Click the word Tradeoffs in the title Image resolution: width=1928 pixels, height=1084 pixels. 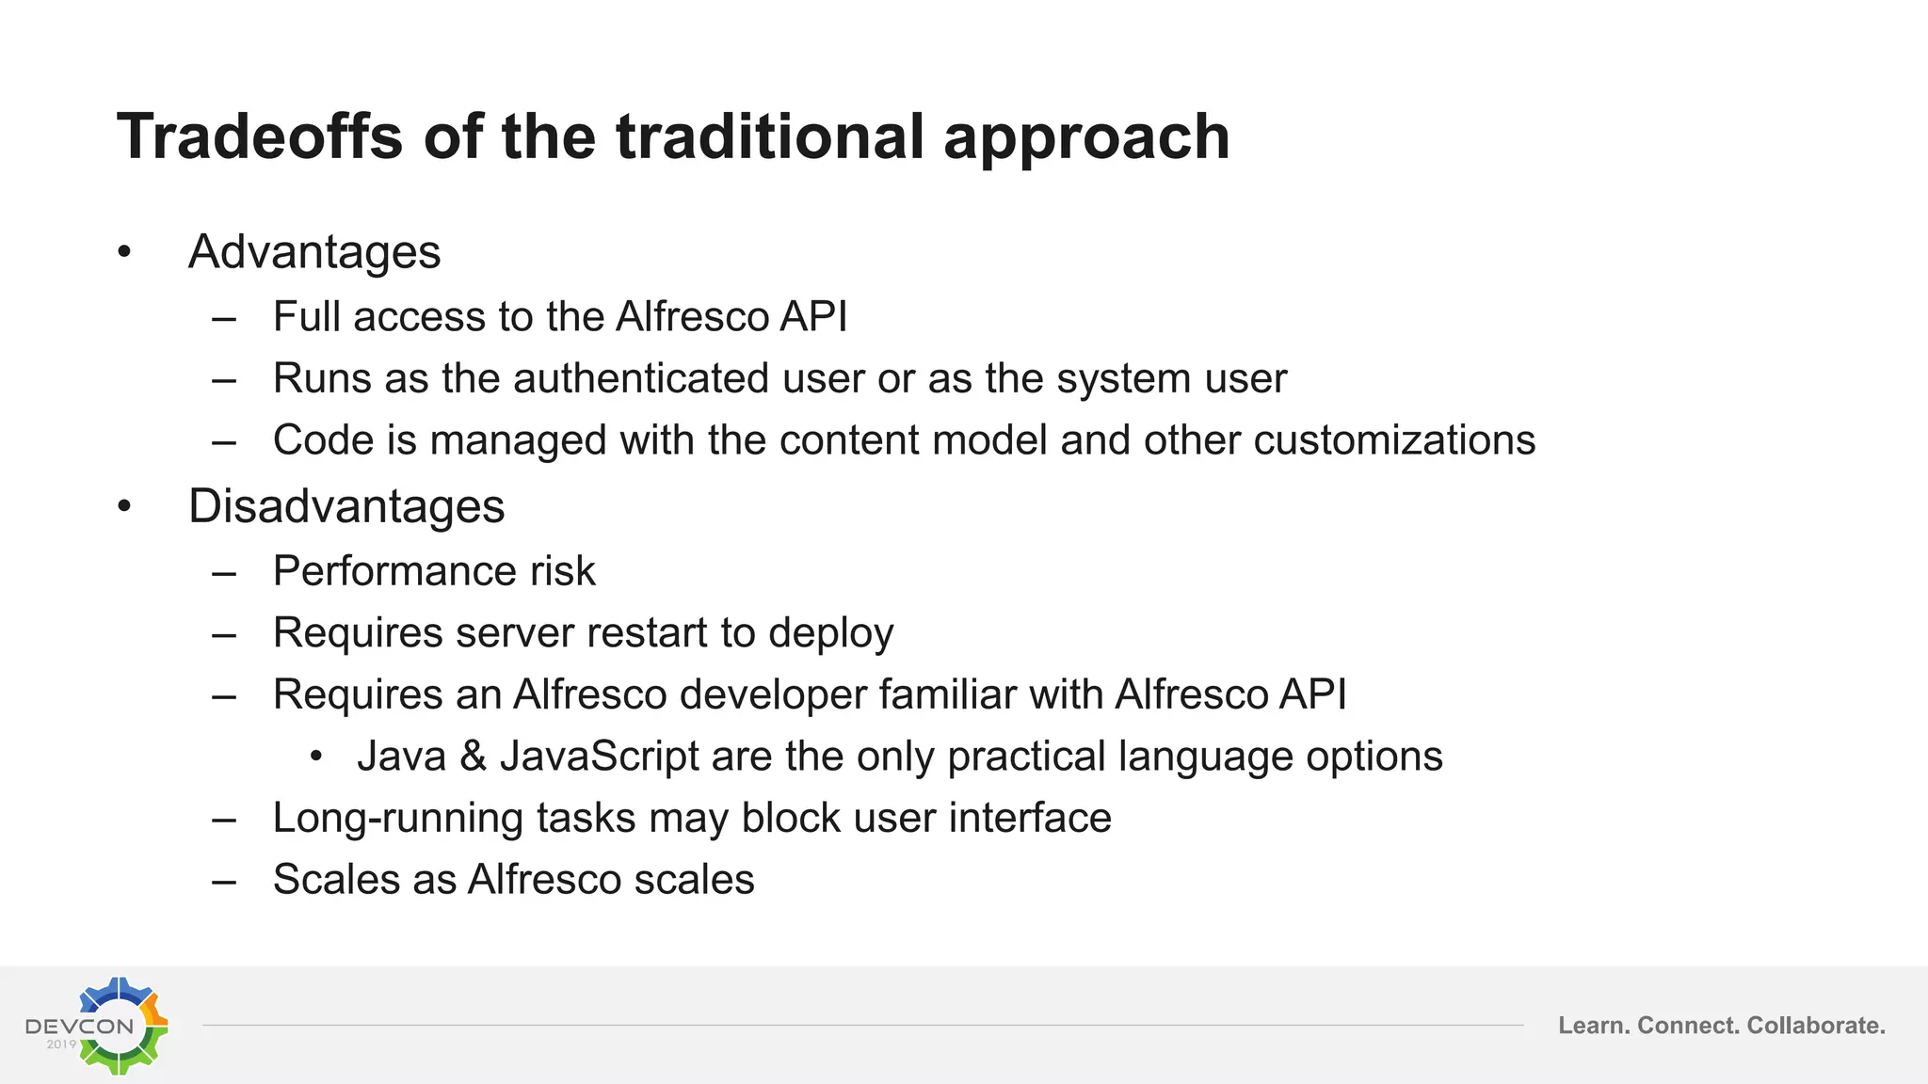260,137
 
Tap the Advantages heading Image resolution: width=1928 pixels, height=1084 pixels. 314,252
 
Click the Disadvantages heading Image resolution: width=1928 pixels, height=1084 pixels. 346,506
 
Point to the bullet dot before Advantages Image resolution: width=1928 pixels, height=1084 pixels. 124,252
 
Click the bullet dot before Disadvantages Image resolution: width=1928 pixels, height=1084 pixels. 124,507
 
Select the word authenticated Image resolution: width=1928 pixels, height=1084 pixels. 641,378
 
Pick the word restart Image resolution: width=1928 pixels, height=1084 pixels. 640,633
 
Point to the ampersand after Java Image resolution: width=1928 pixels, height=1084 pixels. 473,757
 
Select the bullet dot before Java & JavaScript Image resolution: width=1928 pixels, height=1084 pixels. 316,757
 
